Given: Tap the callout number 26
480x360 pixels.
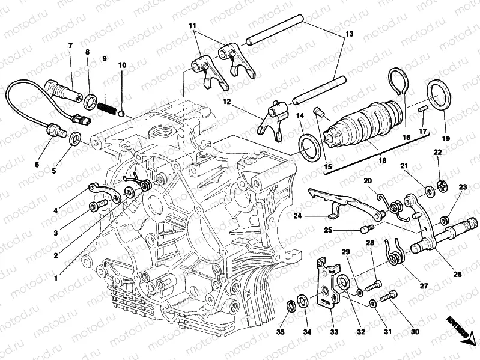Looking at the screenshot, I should pyautogui.click(x=458, y=275).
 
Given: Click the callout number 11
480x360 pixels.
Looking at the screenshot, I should pyautogui.click(x=192, y=26).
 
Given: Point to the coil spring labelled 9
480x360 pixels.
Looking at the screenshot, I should pyautogui.click(x=106, y=108).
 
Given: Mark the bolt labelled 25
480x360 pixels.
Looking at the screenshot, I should pyautogui.click(x=366, y=228).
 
